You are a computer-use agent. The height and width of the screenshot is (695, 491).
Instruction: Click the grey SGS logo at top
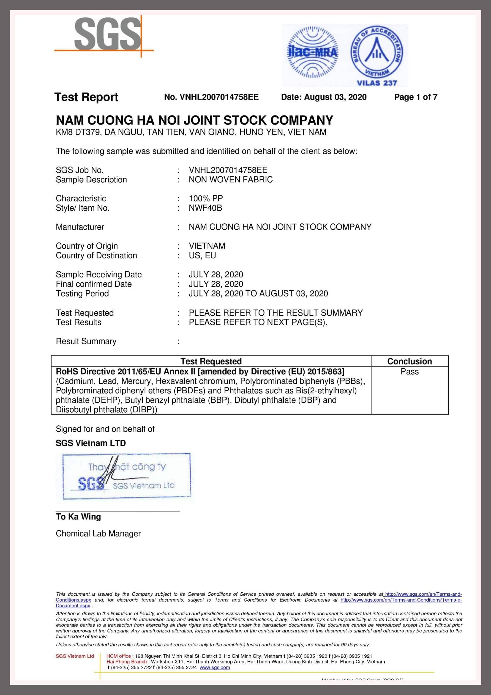(107, 34)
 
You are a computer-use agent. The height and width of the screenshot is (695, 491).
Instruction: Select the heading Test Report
(86, 97)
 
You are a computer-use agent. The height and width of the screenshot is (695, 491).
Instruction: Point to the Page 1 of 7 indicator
(416, 97)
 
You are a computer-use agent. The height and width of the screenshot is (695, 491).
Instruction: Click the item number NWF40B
(205, 208)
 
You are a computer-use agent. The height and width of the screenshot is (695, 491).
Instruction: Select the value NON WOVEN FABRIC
(231, 179)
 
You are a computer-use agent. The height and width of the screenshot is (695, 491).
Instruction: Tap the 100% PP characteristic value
(206, 198)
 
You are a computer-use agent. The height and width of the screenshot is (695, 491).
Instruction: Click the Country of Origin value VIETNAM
(207, 246)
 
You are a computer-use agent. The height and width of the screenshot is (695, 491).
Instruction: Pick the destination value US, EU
(202, 255)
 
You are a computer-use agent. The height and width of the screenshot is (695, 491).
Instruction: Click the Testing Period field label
(82, 294)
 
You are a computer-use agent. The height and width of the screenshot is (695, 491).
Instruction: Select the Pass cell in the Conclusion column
(409, 372)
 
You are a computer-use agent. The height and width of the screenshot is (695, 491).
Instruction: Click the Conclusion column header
(409, 361)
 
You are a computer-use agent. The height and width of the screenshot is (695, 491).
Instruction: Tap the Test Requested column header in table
(211, 361)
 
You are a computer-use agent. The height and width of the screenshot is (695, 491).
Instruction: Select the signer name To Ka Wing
(78, 516)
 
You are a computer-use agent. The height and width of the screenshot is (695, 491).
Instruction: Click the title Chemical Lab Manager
(98, 533)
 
